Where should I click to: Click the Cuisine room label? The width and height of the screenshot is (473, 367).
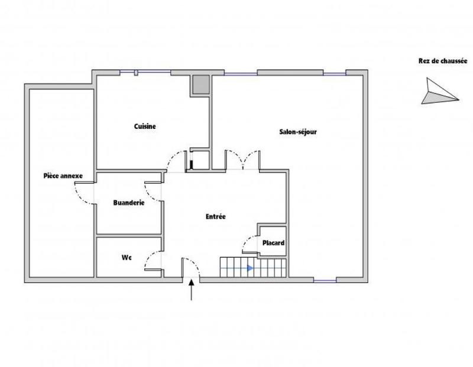tap(145, 126)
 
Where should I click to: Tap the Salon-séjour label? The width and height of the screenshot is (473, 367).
tap(299, 132)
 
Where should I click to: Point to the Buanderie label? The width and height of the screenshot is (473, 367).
tap(129, 203)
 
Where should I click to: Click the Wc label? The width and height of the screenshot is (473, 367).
tap(126, 258)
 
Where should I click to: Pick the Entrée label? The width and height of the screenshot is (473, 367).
tap(215, 217)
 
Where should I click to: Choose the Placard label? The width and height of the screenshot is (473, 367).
tap(274, 243)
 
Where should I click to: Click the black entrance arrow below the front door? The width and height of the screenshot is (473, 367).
tap(192, 291)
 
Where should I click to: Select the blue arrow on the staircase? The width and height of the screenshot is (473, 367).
tap(250, 268)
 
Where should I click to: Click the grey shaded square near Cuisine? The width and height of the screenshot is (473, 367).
tap(200, 85)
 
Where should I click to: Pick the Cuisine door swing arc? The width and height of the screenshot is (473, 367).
tap(174, 158)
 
